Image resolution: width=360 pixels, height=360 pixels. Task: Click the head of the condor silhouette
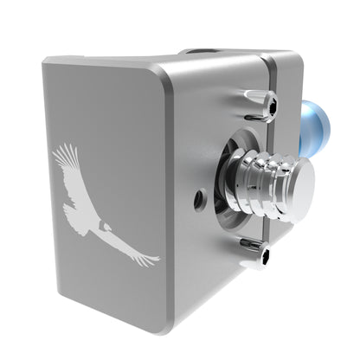107,227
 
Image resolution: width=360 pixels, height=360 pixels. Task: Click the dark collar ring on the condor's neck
101,224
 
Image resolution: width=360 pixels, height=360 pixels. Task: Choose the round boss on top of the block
208,54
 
